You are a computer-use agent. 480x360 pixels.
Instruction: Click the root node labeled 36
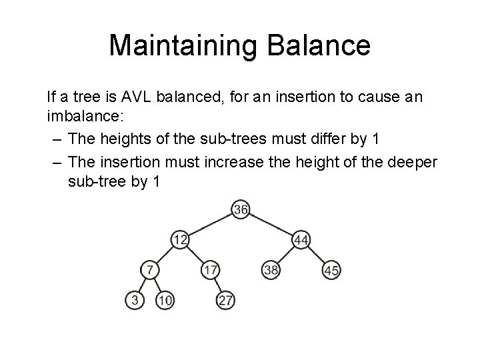coord(240,210)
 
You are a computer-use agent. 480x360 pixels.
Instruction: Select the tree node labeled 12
coord(179,239)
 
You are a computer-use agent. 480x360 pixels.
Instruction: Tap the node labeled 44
coord(301,239)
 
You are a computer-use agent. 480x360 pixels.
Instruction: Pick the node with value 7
coord(151,270)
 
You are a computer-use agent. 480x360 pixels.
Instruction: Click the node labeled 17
coord(210,270)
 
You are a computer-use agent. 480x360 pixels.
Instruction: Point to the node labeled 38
coord(271,270)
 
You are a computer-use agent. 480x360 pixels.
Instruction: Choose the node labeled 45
coord(331,270)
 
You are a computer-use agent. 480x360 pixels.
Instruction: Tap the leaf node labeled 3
coord(135,301)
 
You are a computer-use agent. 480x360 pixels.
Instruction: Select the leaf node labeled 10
coord(165,301)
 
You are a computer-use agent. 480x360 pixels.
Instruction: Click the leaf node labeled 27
coord(226,301)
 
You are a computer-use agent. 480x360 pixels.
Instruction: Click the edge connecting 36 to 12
coord(209,225)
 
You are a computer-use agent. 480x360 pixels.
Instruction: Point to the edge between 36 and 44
coord(271,225)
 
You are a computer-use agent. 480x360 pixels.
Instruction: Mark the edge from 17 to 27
coord(218,285)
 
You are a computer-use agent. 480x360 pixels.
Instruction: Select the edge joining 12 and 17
coord(195,255)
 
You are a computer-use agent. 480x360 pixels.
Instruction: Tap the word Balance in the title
coord(319,45)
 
